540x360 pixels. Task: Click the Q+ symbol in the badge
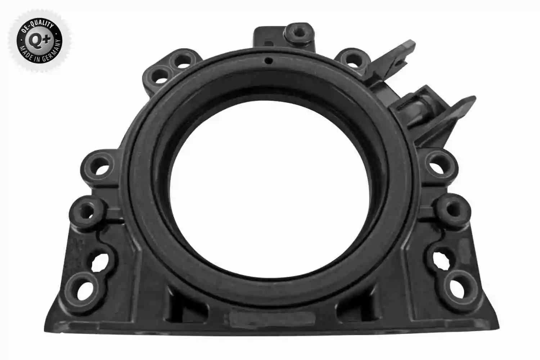click(39, 40)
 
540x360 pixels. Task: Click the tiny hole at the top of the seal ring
click(269, 60)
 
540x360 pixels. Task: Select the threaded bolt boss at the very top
click(299, 33)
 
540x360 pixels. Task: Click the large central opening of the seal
click(269, 190)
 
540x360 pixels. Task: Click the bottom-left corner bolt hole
click(85, 291)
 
